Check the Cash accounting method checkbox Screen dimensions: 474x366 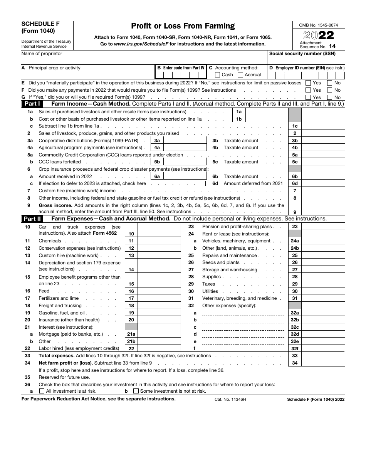pos(218,75)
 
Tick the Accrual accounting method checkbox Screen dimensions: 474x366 pos(240,75)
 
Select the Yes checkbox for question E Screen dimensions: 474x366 pos(308,83)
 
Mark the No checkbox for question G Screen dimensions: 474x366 pos(330,97)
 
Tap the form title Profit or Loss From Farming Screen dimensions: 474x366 pos(183,26)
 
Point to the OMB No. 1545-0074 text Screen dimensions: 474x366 pos(318,25)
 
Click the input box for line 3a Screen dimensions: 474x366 pos(185,141)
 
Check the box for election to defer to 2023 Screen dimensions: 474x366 pos(203,184)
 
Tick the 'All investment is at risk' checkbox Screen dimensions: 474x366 pos(42,391)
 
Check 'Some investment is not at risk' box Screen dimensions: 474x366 pos(136,391)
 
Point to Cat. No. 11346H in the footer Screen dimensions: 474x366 pos(230,400)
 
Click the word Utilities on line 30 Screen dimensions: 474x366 pos(210,291)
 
